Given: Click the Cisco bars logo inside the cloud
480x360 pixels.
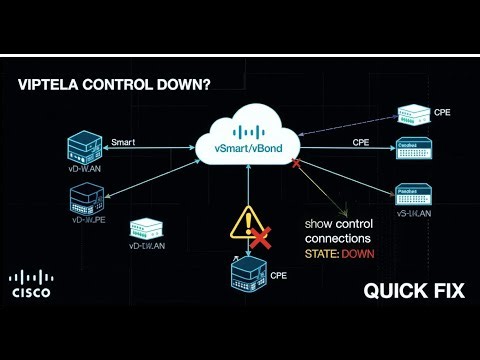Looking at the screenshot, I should pyautogui.click(x=250, y=130).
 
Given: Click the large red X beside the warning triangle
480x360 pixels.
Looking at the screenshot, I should pyautogui.click(x=262, y=237).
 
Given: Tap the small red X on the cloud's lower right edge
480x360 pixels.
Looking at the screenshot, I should pyautogui.click(x=297, y=163).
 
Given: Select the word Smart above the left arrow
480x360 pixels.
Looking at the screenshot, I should pyautogui.click(x=124, y=143).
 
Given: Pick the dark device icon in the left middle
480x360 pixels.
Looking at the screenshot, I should pyautogui.click(x=87, y=200).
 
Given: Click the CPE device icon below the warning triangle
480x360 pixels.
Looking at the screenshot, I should pyautogui.click(x=247, y=274).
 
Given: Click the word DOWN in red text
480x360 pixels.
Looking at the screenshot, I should pyautogui.click(x=356, y=254).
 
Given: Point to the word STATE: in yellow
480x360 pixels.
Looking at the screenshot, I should pyautogui.click(x=321, y=254).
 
